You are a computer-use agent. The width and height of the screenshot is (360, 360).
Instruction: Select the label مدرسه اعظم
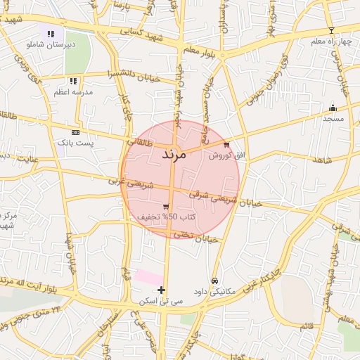point(70,92)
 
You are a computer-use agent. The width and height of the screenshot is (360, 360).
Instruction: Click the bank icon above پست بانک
point(76,131)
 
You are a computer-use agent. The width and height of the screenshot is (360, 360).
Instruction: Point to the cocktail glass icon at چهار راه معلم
point(332,30)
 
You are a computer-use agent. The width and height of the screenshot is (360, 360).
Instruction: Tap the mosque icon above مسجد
point(333,108)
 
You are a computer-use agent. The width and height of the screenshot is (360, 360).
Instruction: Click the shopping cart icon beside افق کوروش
point(226,145)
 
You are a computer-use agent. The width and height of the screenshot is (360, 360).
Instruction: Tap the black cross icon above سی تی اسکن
point(162,290)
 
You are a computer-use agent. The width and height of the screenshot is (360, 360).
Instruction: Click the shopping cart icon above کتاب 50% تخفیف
point(165,207)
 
